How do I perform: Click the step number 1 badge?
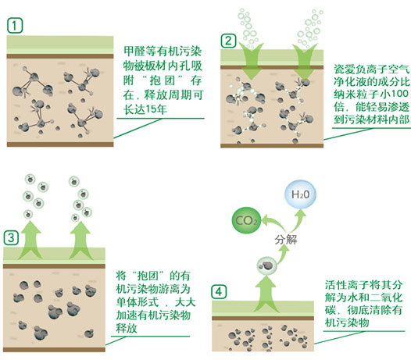pos(15,26)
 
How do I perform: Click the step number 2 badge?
pos(228,41)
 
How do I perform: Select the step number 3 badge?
pos(11,238)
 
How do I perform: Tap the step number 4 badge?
pos(219,291)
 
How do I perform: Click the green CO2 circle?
pos(246,221)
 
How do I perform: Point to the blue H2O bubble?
pos(300,194)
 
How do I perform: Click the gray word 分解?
pos(286,240)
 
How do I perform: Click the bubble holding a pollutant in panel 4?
pos(266,266)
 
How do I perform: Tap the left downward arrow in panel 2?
pos(251,62)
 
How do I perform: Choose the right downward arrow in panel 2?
pos(305,62)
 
